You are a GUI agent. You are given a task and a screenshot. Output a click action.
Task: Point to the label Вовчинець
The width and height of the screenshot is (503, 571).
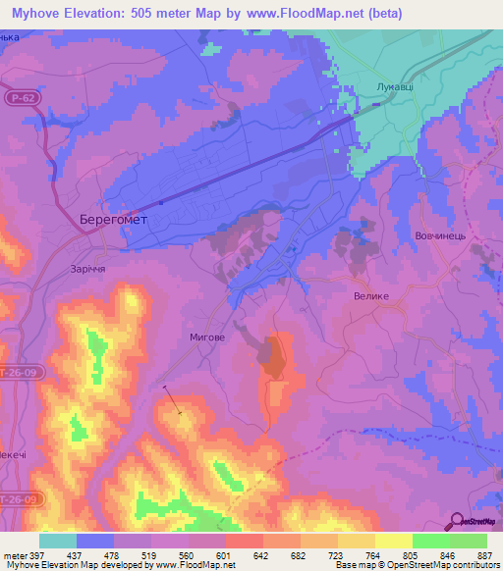pos(446,236)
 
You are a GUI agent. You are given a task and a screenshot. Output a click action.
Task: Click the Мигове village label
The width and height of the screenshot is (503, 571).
pos(207,337)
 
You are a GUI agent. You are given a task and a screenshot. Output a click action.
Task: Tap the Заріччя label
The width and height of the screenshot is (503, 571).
pos(88,269)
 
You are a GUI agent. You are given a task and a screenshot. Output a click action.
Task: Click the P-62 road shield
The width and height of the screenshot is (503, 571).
pos(27,99)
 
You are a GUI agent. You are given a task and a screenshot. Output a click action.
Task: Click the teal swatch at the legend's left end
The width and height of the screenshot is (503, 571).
pos(58,541)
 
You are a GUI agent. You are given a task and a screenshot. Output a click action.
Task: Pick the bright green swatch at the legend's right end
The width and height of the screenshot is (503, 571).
pos(468,541)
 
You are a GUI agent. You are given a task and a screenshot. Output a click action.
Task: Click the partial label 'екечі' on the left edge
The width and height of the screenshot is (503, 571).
pos(12,457)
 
